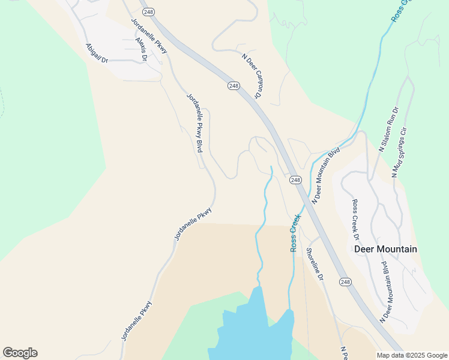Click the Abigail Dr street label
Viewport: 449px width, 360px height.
pos(96,53)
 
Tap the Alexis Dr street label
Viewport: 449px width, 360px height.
pos(142,46)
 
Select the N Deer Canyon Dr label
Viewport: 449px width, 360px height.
pos(252,76)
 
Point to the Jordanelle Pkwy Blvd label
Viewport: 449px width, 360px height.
pos(194,123)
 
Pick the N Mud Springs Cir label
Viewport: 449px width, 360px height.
pos(399,152)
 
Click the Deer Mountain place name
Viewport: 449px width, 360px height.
pos(385,249)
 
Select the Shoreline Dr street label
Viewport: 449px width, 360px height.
pos(315,265)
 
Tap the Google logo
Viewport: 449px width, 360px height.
pos(20,353)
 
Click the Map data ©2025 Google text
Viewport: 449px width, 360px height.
pos(412,355)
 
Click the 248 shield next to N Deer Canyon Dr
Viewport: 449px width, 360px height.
pos(234,86)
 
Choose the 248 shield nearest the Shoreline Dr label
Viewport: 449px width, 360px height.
pos(345,282)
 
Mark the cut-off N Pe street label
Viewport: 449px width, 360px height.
pos(344,353)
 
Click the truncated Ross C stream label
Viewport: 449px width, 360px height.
pos(400,11)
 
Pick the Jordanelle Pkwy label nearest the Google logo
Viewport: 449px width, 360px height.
pos(137,321)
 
